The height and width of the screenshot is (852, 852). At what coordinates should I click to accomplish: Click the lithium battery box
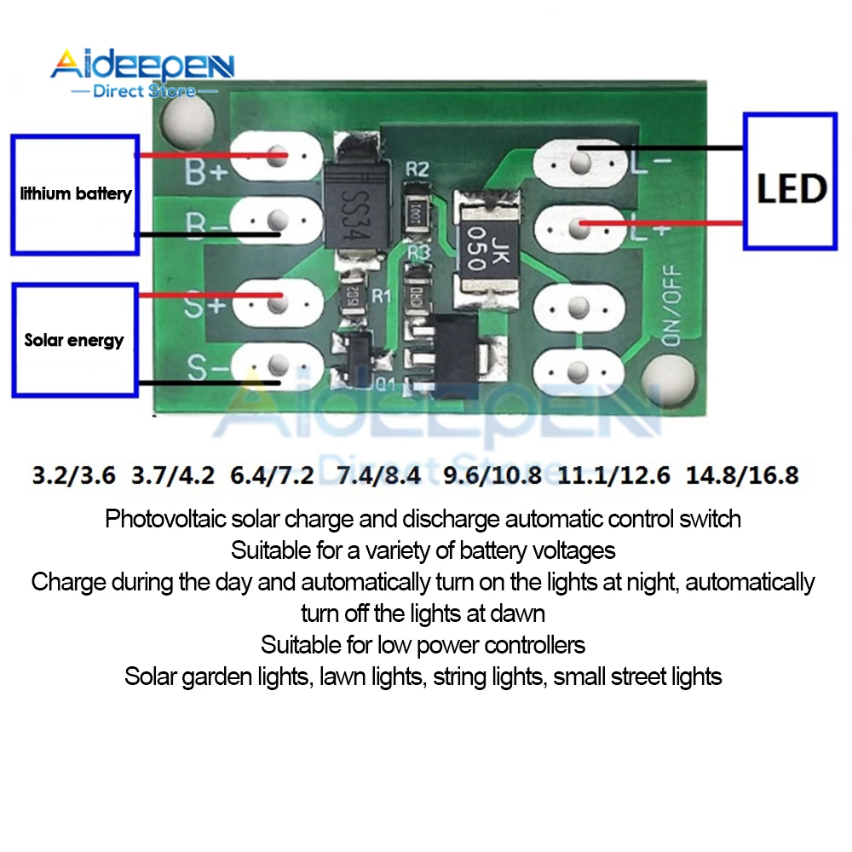[75, 194]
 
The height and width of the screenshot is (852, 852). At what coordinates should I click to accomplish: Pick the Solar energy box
[75, 340]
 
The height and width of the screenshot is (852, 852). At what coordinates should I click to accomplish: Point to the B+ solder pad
[274, 157]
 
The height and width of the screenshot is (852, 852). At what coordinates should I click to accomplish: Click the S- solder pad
[274, 366]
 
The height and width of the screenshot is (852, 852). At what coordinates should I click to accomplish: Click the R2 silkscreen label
[417, 169]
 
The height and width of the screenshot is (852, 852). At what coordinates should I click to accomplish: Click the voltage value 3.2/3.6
[74, 475]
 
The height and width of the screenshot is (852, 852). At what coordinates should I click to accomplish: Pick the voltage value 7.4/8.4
[379, 475]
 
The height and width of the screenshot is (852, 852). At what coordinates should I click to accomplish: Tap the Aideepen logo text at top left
[141, 66]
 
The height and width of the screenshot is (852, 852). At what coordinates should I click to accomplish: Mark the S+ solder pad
[274, 298]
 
